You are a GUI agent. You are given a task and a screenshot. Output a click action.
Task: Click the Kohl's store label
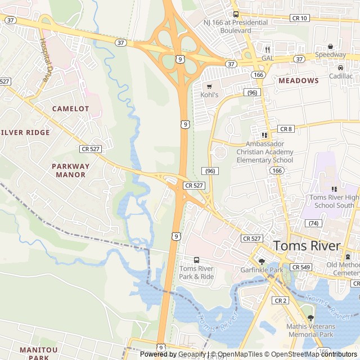pos(209,95)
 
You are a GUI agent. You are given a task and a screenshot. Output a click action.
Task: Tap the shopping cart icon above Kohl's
pos(209,87)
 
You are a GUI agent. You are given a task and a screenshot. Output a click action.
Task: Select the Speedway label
pos(330,55)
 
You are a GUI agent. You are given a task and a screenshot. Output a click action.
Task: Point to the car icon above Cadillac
pos(340,67)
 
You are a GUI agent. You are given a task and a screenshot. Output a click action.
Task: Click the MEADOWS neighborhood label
pos(298,80)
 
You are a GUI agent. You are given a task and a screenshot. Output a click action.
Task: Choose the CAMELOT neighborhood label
pos(70,108)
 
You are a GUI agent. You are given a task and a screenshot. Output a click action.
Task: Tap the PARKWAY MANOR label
pos(70,170)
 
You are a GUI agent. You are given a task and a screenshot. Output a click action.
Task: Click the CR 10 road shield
pos(299,19)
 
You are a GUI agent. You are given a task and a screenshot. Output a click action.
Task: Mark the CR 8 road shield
pos(286,129)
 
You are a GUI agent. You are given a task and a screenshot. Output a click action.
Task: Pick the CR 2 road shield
pos(280,301)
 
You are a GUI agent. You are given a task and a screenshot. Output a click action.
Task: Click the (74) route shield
pos(313,223)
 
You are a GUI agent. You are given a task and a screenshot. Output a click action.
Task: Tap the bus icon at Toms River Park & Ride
pos(196,260)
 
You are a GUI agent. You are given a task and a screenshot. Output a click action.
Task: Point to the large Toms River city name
pos(307,246)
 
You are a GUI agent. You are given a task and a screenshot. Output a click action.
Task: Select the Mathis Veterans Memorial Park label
pos(311,330)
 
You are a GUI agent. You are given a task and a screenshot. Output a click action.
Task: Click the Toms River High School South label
pos(334,201)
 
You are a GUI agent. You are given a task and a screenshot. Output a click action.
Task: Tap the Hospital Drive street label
pos(44,61)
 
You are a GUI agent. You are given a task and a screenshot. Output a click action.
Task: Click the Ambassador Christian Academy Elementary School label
pos(264,152)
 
